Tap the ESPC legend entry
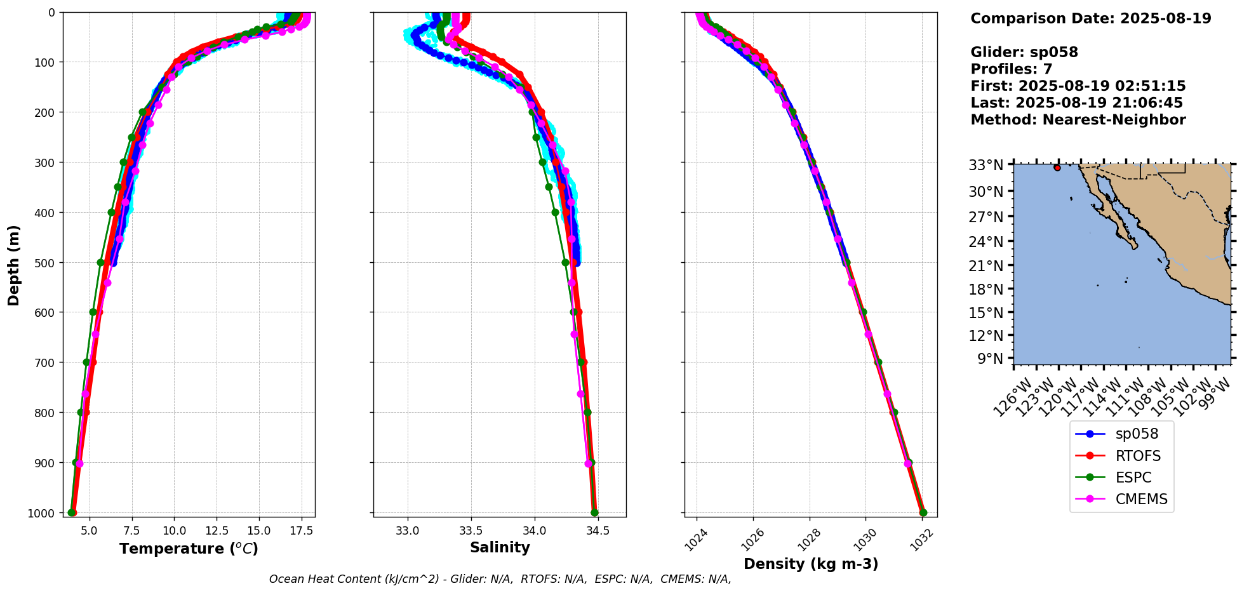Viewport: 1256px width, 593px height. click(x=1133, y=477)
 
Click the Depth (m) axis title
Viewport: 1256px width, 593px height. click(x=14, y=265)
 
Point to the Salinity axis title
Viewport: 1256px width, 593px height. click(x=500, y=547)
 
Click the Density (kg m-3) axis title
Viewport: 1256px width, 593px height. click(x=811, y=564)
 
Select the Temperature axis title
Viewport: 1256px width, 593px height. click(x=189, y=549)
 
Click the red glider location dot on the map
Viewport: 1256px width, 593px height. click(x=1057, y=168)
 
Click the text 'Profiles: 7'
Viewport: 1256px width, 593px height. click(x=1011, y=69)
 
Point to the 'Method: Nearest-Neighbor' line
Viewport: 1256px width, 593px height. click(x=1078, y=120)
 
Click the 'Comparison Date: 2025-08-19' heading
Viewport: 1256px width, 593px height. click(x=1090, y=18)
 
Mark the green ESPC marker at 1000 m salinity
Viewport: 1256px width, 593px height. click(x=594, y=512)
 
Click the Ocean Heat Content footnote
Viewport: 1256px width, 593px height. click(x=500, y=579)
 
